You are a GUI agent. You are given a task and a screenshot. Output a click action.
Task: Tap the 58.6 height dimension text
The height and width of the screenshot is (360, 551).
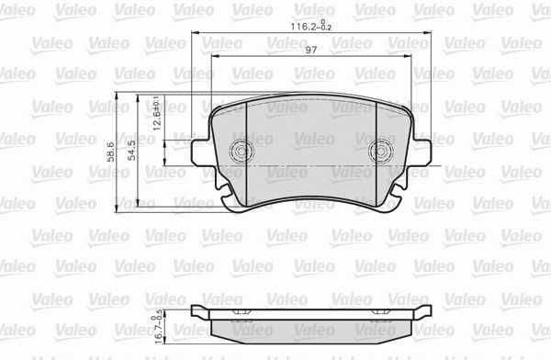pos(109,152)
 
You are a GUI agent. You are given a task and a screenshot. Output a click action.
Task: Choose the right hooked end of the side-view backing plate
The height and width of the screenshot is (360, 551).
pos(428,311)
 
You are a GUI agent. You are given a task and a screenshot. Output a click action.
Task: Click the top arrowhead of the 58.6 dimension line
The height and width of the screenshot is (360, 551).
pos(117,97)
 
